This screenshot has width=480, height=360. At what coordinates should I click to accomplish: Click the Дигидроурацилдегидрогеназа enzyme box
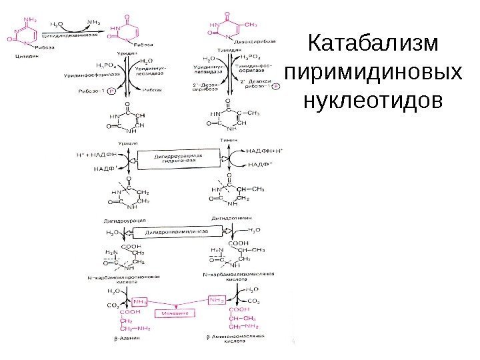click(x=178, y=159)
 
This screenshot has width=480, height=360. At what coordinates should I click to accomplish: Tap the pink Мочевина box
click(x=173, y=311)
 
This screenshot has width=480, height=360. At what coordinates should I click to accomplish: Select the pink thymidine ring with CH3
click(x=227, y=28)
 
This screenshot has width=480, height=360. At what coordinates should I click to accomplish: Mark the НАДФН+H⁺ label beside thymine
click(x=265, y=151)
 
